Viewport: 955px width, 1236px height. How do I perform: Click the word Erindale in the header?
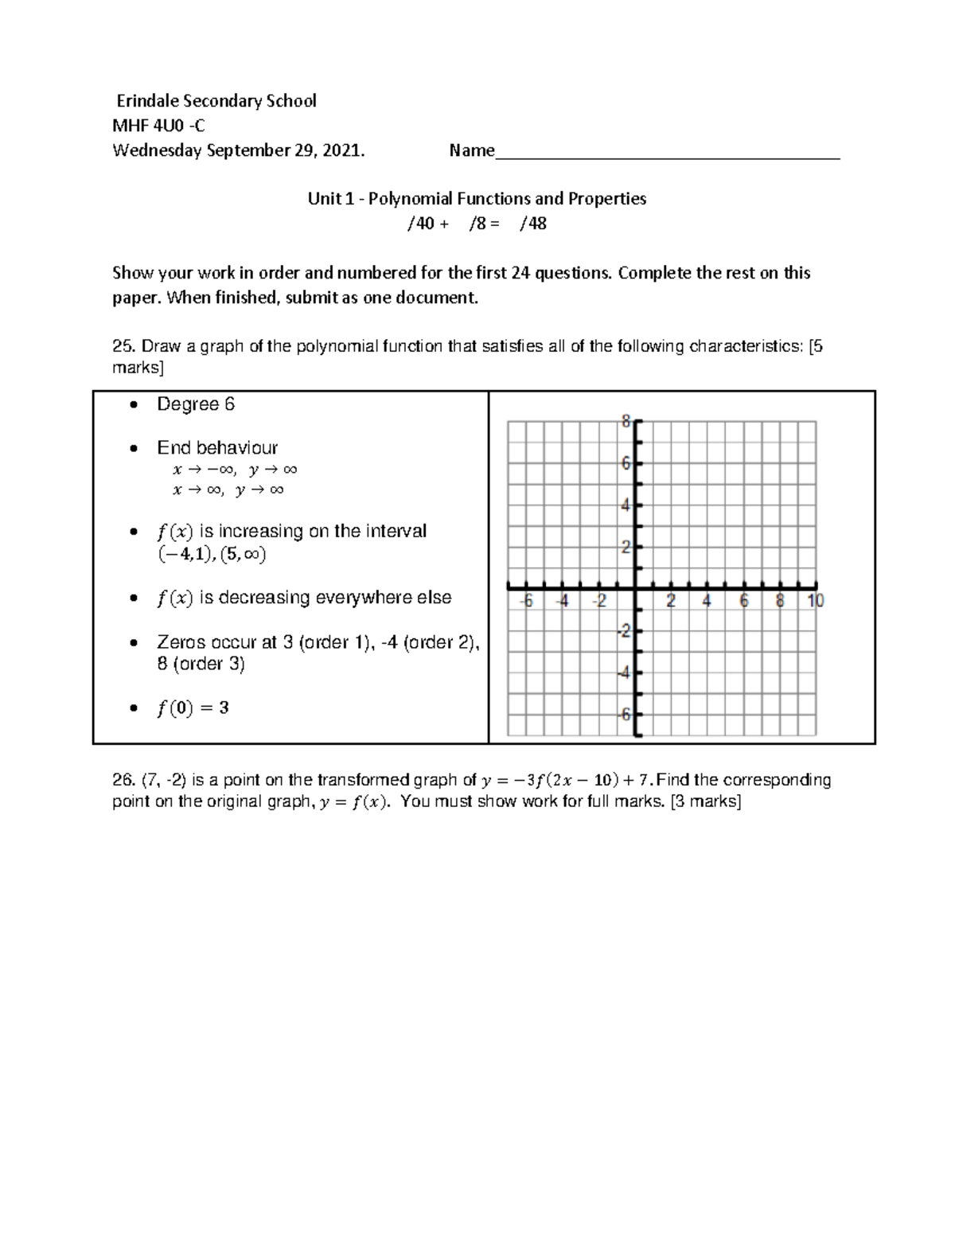click(148, 101)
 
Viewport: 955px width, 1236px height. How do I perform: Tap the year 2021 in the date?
click(342, 150)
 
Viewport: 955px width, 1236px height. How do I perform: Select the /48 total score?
click(532, 224)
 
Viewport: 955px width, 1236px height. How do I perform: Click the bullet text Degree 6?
click(196, 404)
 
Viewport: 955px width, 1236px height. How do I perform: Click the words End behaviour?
click(217, 447)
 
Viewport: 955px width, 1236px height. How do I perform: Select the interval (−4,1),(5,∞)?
click(212, 554)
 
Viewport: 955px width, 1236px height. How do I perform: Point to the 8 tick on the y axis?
click(626, 422)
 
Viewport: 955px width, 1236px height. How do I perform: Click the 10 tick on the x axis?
click(816, 602)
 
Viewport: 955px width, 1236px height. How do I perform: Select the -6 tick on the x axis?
click(525, 602)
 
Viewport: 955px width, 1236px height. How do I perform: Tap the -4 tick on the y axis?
click(624, 673)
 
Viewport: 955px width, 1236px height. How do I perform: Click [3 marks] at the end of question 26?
click(706, 801)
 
